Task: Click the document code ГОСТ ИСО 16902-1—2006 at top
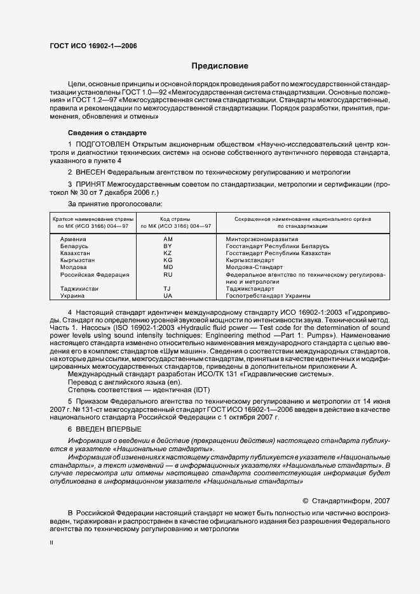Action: pyautogui.click(x=93, y=46)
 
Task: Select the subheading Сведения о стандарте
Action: pyautogui.click(x=107, y=133)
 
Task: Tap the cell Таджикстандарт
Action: pyautogui.click(x=250, y=289)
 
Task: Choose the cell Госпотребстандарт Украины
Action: pyautogui.click(x=268, y=296)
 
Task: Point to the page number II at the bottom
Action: pyautogui.click(x=52, y=543)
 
